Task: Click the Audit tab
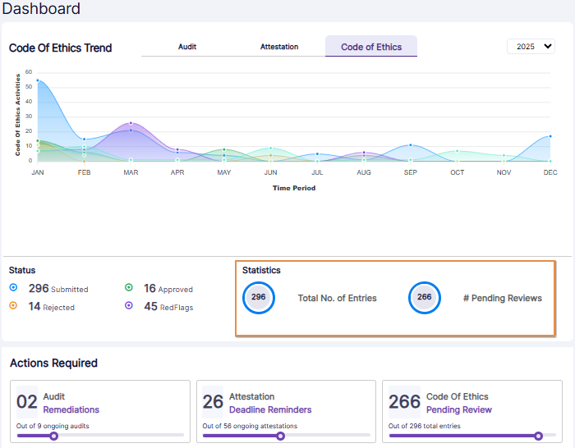[x=187, y=47]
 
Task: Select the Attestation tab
[x=279, y=47]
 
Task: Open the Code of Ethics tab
[x=371, y=47]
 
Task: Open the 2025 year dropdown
[x=531, y=47]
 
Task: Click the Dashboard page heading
[x=41, y=9]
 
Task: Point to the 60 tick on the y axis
[x=28, y=72]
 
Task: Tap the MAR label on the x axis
[x=131, y=172]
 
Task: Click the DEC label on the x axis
[x=550, y=172]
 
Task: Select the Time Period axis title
[x=293, y=188]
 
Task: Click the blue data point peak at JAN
[x=38, y=80]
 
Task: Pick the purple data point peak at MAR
[x=131, y=123]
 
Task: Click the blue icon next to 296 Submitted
[x=13, y=288]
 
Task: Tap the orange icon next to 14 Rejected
[x=13, y=306]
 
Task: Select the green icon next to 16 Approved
[x=129, y=288]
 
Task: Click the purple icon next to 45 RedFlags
[x=129, y=306]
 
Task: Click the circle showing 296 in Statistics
[x=259, y=298]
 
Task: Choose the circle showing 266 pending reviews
[x=425, y=298]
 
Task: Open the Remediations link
[x=71, y=409]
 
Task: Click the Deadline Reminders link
[x=270, y=409]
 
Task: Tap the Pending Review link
[x=458, y=409]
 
